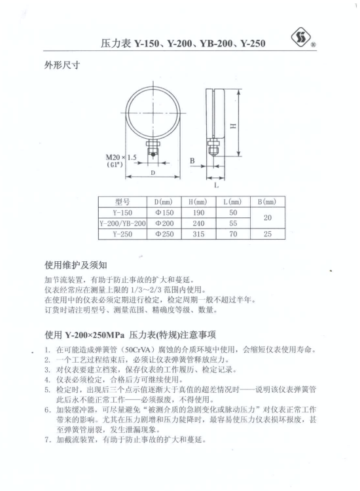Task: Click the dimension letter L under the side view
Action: [216, 185]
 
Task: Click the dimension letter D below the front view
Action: [152, 173]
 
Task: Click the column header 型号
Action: [124, 202]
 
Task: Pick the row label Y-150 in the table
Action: [123, 212]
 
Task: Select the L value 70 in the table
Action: [232, 233]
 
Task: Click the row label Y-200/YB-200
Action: [123, 223]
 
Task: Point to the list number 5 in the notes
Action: [48, 389]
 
